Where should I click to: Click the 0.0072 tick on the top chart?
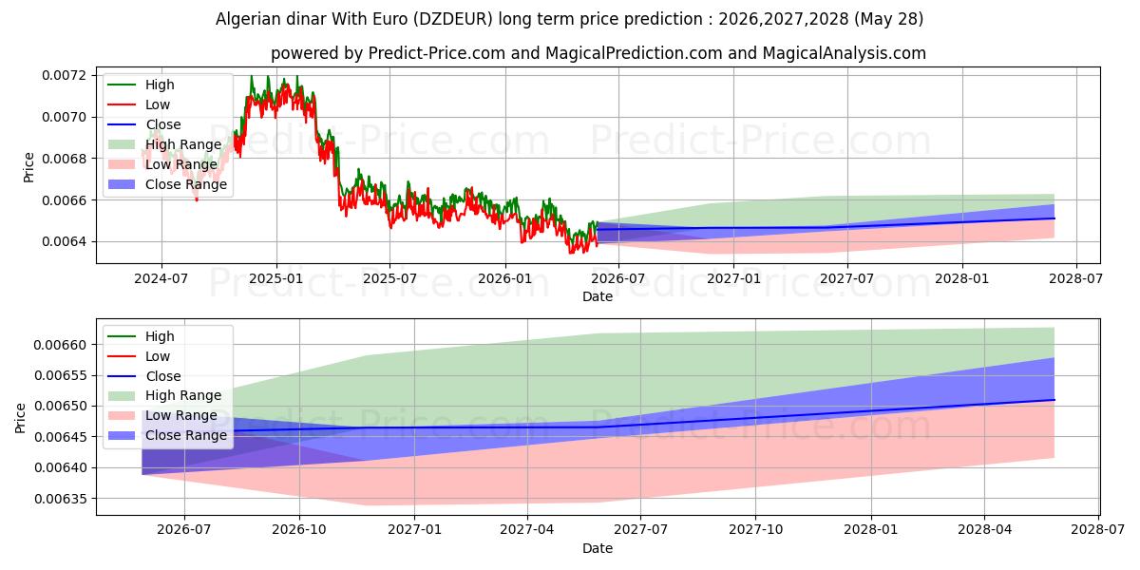point(65,75)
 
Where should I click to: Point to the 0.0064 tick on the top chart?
point(65,241)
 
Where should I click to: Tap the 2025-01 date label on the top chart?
point(275,279)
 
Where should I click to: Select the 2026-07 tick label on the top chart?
point(618,279)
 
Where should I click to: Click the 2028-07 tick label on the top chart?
point(1076,279)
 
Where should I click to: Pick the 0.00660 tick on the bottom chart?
point(61,345)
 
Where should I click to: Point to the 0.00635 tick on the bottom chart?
point(61,499)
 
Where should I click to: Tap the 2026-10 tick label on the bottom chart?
point(298,530)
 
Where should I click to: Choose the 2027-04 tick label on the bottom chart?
point(526,530)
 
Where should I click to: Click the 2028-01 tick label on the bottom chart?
point(871,530)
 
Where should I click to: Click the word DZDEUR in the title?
point(453,19)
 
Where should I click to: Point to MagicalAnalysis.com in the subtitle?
point(845,53)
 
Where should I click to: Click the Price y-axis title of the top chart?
point(29,167)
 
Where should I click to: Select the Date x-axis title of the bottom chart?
point(598,548)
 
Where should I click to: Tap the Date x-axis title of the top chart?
point(598,296)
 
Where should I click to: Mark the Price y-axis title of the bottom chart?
point(20,418)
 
